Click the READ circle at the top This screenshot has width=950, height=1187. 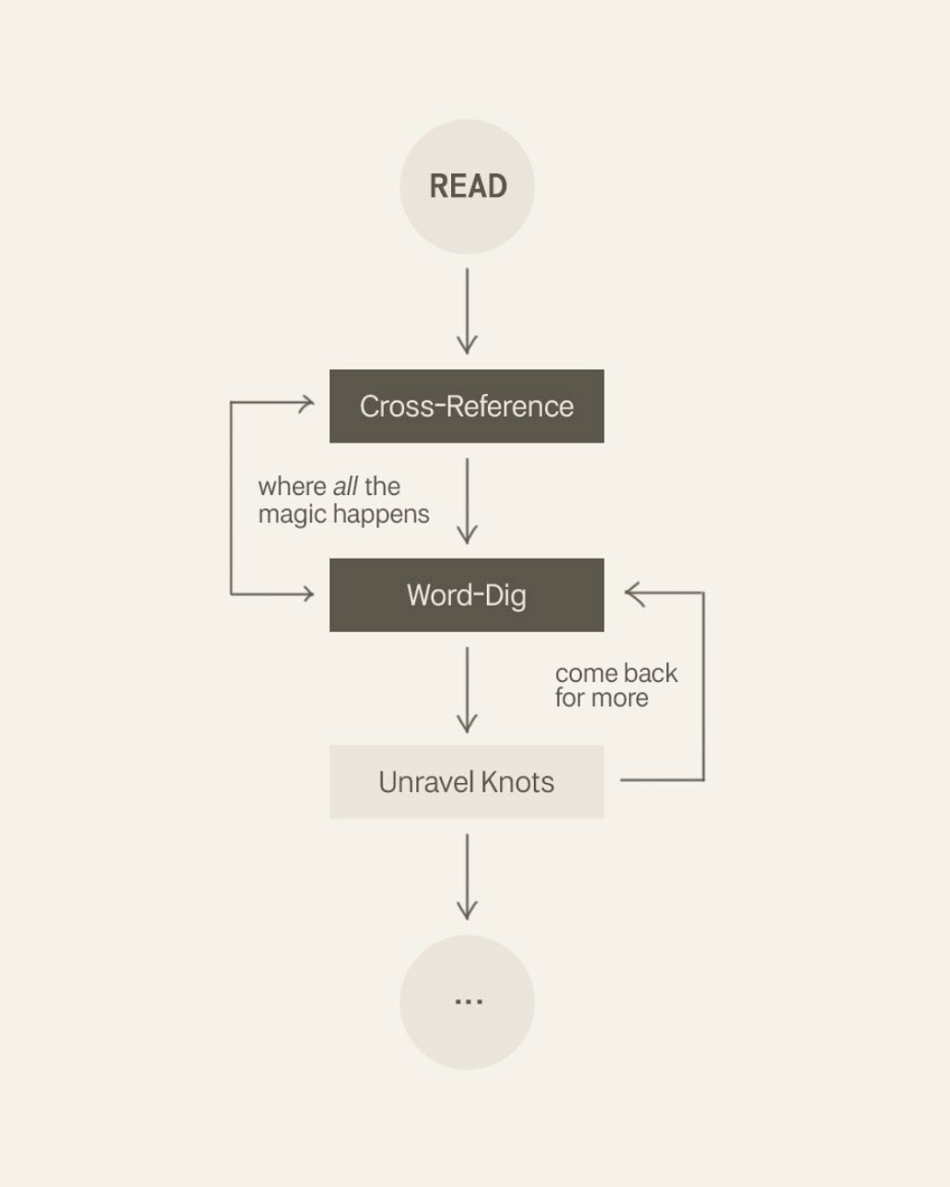pyautogui.click(x=467, y=186)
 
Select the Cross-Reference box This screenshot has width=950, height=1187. pyautogui.click(x=467, y=406)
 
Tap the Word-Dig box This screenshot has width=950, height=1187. pyautogui.click(x=467, y=594)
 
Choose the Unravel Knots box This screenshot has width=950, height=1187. pyautogui.click(x=467, y=781)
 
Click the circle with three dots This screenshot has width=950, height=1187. pyautogui.click(x=467, y=1002)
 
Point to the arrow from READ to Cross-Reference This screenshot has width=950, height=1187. pyautogui.click(x=467, y=311)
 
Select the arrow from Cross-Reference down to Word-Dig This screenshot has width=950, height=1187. pyautogui.click(x=467, y=501)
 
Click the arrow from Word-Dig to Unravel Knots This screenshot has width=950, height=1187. pyautogui.click(x=467, y=689)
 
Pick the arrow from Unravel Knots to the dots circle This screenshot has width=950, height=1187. pyautogui.click(x=467, y=876)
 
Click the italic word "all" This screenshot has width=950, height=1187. pyautogui.click(x=345, y=486)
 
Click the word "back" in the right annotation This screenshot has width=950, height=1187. pyautogui.click(x=650, y=673)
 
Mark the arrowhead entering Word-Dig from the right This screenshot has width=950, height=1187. pyautogui.click(x=631, y=593)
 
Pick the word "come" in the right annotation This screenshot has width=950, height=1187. pyautogui.click(x=585, y=673)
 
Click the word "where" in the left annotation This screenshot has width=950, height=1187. pyautogui.click(x=292, y=486)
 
